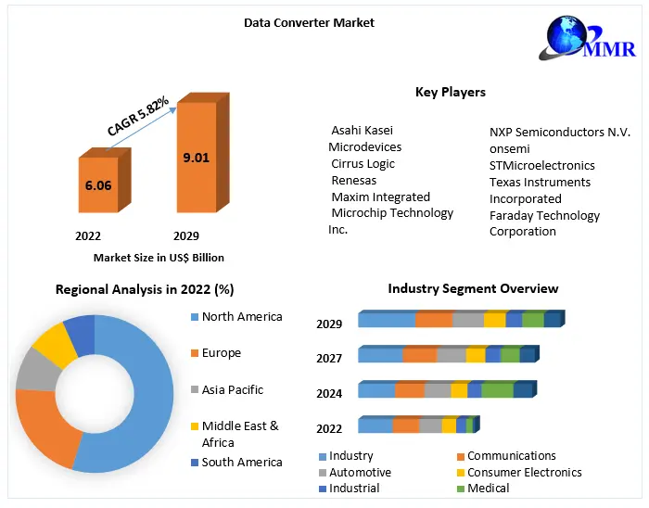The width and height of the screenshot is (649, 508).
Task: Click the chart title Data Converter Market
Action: (309, 21)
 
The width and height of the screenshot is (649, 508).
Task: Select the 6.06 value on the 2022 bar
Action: (97, 185)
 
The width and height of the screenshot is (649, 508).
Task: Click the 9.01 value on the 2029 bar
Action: (196, 158)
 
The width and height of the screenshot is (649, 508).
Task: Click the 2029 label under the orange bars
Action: (185, 236)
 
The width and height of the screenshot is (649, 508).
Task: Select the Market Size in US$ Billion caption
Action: (159, 258)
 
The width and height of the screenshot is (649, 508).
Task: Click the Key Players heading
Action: (450, 92)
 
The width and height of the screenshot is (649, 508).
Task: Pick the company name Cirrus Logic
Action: (363, 163)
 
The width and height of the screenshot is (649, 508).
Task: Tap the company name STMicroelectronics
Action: (541, 165)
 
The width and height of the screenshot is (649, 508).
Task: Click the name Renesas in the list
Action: (353, 180)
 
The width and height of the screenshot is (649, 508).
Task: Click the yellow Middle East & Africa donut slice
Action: (54, 345)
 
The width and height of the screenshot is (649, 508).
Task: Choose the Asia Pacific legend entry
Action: (232, 389)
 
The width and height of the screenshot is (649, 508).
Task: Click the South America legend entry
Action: (241, 462)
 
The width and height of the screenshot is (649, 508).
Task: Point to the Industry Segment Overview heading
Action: (473, 288)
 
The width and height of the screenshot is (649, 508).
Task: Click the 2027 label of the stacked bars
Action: (329, 358)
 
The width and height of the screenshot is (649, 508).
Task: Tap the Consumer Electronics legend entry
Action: (524, 472)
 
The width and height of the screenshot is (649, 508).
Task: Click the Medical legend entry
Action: (488, 488)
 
